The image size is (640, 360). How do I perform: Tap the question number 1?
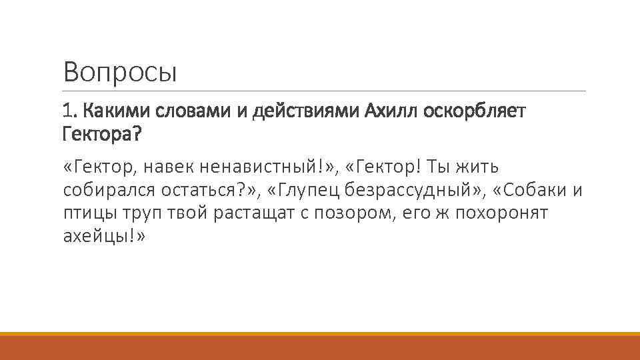69,110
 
